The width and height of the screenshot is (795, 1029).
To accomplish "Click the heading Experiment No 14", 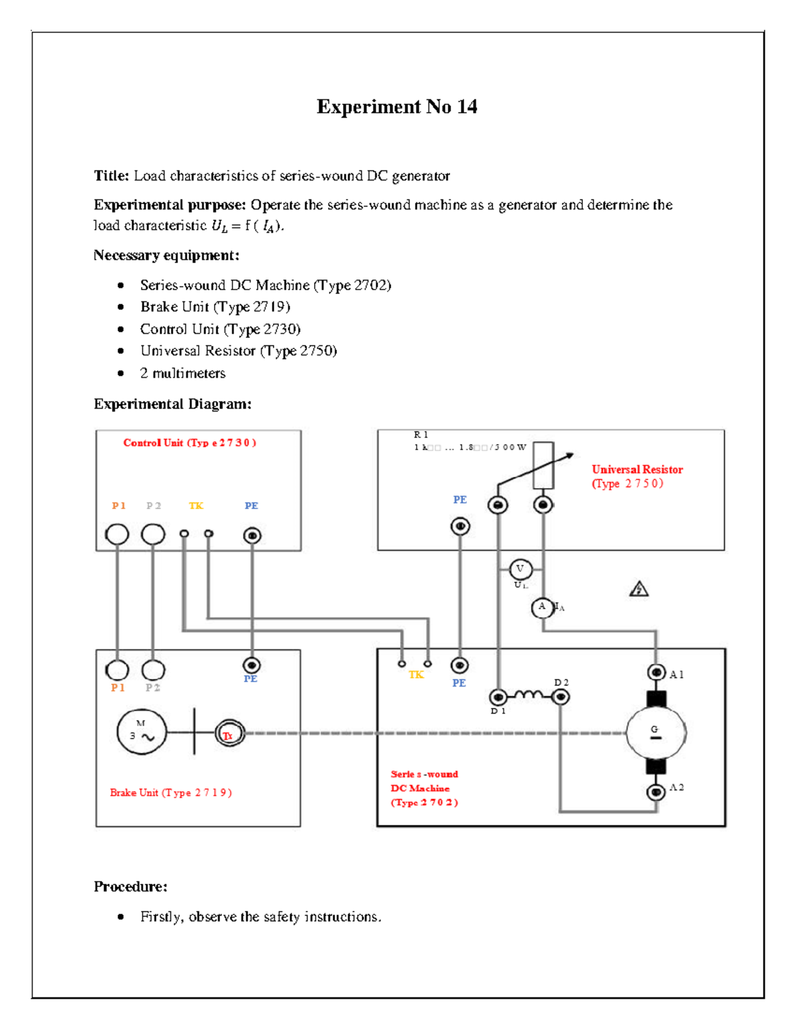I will tap(397, 107).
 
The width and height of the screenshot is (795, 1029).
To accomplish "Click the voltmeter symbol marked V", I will tap(520, 569).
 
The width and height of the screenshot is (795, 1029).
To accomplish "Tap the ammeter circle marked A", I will tap(543, 607).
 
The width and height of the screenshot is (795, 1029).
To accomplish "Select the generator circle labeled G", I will tap(655, 733).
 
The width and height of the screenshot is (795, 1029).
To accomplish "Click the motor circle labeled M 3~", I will tap(141, 732).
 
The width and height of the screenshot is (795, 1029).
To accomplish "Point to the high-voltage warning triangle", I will tap(639, 589).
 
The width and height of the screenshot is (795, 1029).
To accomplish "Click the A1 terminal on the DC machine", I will tap(656, 673).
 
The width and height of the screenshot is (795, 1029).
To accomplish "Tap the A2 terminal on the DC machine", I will tap(656, 792).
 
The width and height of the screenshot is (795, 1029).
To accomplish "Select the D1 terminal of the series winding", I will tap(498, 696).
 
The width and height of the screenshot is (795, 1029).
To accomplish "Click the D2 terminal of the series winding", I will tap(560, 696).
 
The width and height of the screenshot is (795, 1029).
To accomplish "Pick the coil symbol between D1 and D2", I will tap(529, 694).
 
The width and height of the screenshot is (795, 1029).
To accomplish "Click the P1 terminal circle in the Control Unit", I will tap(117, 534).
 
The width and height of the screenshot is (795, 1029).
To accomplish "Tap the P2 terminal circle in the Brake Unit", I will tap(153, 670).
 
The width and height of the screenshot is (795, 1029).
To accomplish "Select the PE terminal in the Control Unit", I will tap(252, 535).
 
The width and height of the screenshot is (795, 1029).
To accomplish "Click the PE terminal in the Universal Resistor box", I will tap(460, 526).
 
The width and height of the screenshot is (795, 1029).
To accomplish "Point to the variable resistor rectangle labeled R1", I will tap(543, 466).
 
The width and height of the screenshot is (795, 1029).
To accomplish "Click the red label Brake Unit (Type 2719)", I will tap(170, 792).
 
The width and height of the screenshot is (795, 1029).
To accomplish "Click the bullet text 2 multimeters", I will tap(182, 374).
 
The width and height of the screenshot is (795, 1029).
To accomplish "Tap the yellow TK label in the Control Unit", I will tap(196, 506).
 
